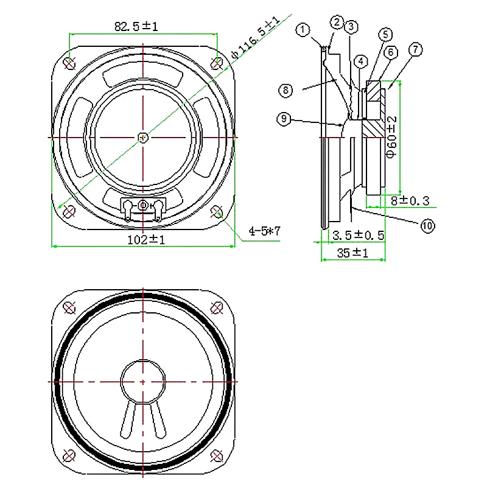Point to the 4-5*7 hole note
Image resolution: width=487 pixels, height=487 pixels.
pos(264,231)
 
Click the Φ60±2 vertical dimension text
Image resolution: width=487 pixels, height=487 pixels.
pos(393,137)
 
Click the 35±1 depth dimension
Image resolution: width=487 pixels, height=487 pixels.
pos(353,253)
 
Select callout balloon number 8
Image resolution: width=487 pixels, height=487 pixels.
pos(286,90)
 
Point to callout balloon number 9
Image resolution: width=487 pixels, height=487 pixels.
pos(284,119)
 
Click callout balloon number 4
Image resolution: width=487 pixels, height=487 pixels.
pos(362,61)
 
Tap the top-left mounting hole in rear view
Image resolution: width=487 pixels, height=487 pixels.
pos(69,62)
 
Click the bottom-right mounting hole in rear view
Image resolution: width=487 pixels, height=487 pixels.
pos(218,211)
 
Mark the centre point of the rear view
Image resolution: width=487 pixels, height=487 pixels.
pos(142,137)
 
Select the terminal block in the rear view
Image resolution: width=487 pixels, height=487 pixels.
pos(143,206)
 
